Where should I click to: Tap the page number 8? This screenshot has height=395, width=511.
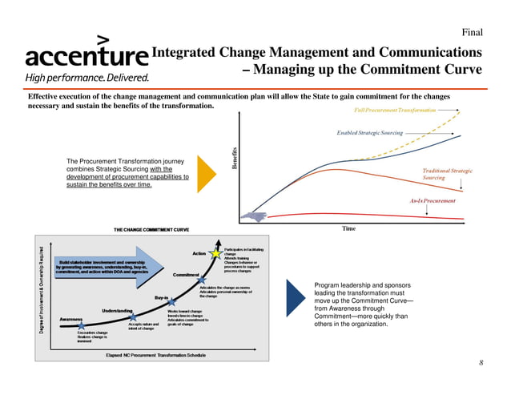[481, 363]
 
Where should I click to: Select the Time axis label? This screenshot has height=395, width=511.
[348, 228]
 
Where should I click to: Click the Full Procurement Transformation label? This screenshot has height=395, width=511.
[395, 109]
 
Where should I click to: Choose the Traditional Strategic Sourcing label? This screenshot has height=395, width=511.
[448, 174]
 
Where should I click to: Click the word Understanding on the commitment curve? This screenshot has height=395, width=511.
[117, 311]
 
